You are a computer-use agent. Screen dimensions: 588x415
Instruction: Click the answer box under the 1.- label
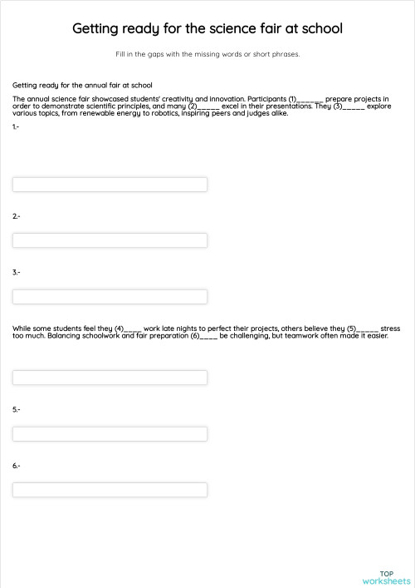click(110, 184)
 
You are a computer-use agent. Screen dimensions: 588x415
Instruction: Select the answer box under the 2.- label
click(110, 240)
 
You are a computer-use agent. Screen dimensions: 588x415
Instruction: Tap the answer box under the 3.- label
click(110, 297)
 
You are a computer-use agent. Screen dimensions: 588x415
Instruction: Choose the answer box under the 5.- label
click(110, 433)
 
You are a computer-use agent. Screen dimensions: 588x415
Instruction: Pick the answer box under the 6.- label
click(110, 490)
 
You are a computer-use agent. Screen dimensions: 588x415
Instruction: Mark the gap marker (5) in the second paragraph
click(363, 329)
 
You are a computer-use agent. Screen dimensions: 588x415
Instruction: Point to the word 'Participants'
click(265, 99)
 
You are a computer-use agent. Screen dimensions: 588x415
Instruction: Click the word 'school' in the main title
click(320, 29)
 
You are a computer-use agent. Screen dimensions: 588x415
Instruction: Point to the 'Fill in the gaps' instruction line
click(207, 55)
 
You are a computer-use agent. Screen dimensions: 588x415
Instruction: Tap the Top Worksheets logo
click(386, 577)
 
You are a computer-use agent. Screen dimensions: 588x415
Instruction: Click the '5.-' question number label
click(17, 409)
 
